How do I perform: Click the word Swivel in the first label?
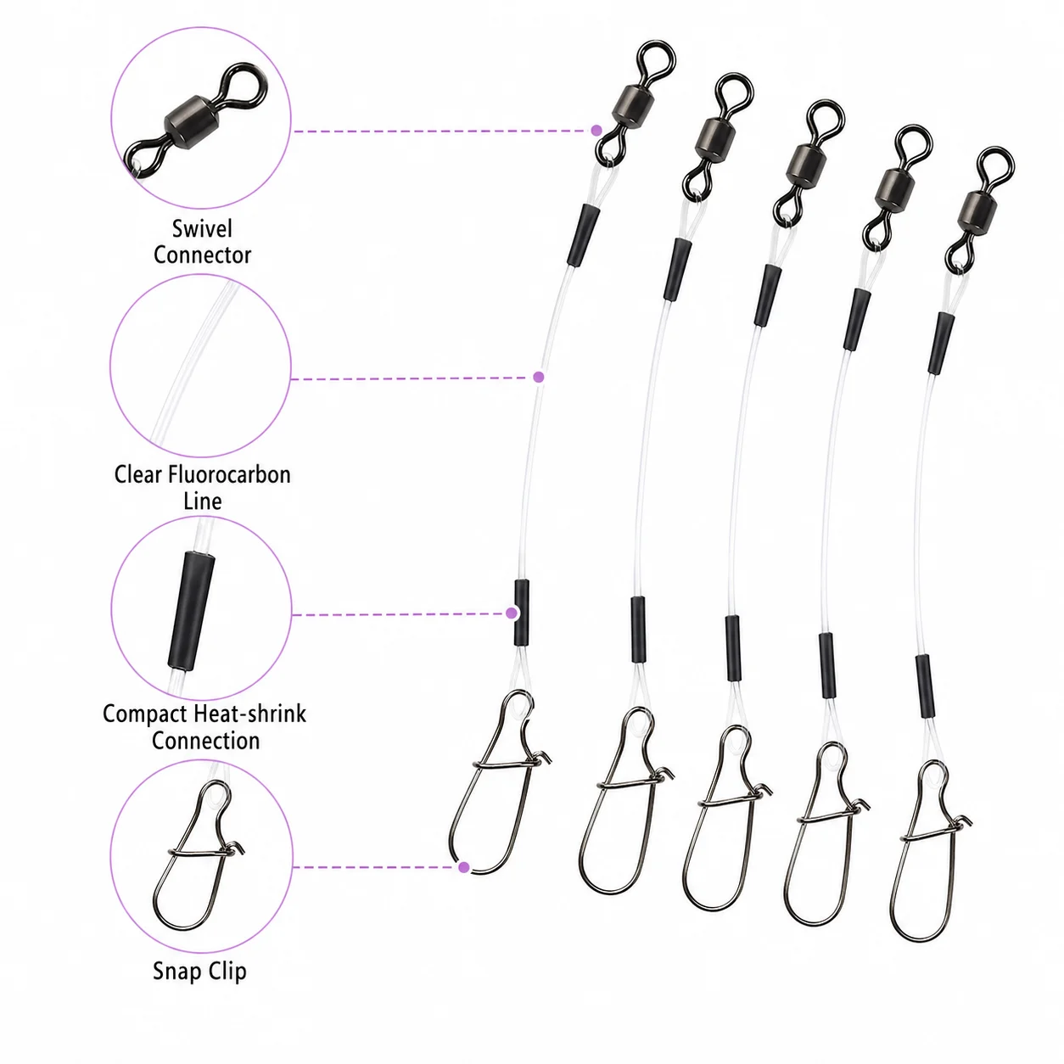click(x=202, y=228)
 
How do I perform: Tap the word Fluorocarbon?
click(x=229, y=474)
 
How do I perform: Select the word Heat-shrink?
click(x=256, y=714)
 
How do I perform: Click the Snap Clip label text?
click(x=199, y=972)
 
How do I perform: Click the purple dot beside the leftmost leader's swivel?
click(x=596, y=131)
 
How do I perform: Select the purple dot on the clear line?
click(x=539, y=377)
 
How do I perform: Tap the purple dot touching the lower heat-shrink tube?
click(x=512, y=613)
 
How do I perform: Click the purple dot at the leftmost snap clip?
click(x=464, y=867)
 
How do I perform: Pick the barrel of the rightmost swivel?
click(x=977, y=210)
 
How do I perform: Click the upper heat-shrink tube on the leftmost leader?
click(x=583, y=235)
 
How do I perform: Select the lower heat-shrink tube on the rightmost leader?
click(x=922, y=686)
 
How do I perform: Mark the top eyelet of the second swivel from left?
click(x=734, y=92)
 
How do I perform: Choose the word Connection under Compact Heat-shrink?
click(x=205, y=741)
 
